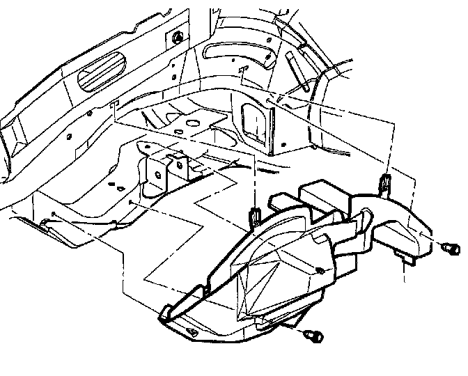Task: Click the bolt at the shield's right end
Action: tap(451, 248)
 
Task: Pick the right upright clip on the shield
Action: tap(384, 184)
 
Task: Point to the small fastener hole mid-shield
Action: tap(319, 269)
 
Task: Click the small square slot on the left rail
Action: tap(113, 104)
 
